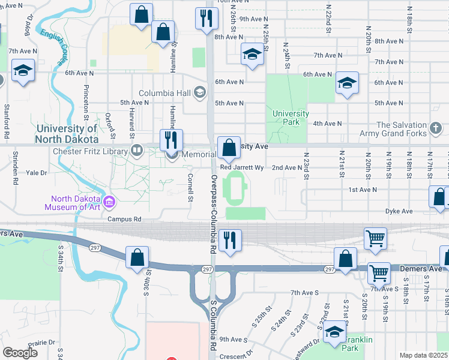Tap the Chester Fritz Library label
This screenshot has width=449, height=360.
click(x=91, y=151)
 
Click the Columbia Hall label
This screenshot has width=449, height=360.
click(x=164, y=93)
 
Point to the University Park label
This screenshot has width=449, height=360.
click(x=291, y=118)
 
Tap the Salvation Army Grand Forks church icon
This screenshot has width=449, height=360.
click(x=436, y=128)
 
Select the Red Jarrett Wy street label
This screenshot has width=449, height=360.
click(x=242, y=168)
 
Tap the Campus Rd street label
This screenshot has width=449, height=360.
click(x=124, y=220)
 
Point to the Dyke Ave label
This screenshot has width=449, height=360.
click(x=399, y=211)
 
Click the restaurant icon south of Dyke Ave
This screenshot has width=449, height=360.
click(x=230, y=240)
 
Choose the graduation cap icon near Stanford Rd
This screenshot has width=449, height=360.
click(x=23, y=71)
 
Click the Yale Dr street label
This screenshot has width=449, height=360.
click(x=35, y=173)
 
